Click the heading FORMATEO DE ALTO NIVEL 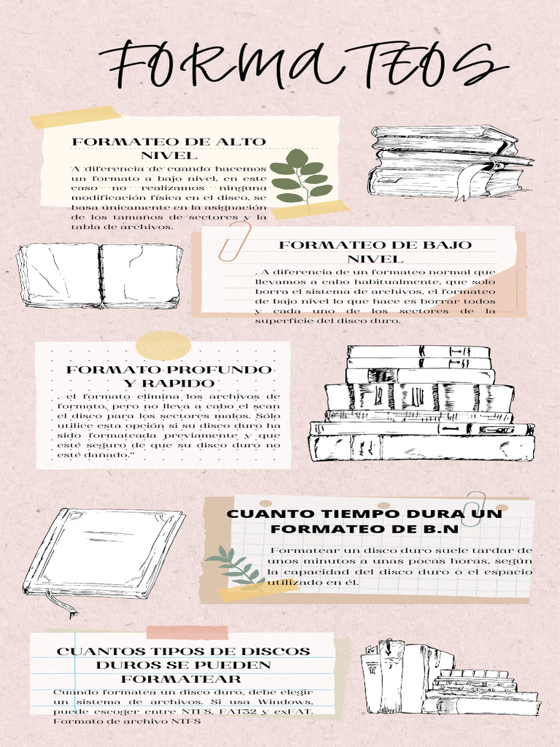click(x=169, y=148)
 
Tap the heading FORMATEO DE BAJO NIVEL click(x=376, y=252)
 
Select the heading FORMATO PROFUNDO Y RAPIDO click(x=169, y=376)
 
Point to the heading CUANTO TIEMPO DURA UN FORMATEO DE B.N click(x=365, y=521)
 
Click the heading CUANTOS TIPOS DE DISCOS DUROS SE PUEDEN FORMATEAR click(x=183, y=665)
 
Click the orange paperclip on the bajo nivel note click(x=235, y=241)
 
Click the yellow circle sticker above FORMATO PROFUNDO click(x=163, y=345)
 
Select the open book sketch click(x=99, y=275)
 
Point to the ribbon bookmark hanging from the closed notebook click(x=62, y=603)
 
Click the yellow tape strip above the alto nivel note click(x=76, y=117)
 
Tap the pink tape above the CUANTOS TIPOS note click(x=187, y=632)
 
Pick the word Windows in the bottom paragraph click(x=286, y=702)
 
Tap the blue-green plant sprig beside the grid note click(x=235, y=566)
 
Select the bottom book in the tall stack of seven click(x=421, y=447)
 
